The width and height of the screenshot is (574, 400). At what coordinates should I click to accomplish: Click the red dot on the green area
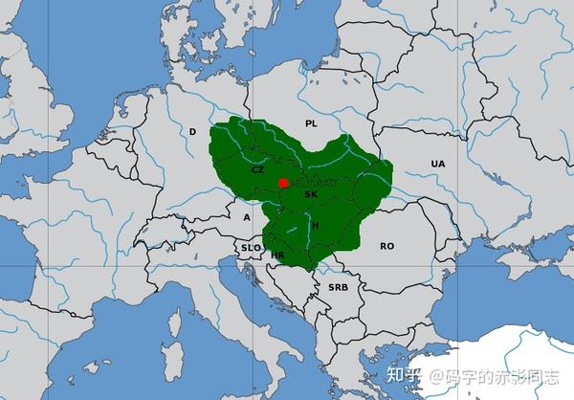283,183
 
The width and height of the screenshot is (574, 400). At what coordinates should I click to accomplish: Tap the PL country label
310,124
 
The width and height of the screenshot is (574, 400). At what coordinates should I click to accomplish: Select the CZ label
257,169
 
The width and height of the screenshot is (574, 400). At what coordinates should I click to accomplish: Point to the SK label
310,194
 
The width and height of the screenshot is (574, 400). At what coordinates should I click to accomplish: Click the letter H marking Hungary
315,225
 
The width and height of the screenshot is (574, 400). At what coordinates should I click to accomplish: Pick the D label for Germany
192,132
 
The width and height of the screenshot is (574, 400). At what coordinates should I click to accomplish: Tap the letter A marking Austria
246,217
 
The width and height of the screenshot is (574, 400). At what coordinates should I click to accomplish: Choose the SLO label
250,248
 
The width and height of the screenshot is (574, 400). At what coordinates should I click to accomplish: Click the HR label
277,256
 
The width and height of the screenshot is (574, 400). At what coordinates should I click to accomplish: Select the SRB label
338,287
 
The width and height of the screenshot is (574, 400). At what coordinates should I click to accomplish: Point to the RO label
386,246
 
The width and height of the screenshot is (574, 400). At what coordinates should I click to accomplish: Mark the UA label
438,165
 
